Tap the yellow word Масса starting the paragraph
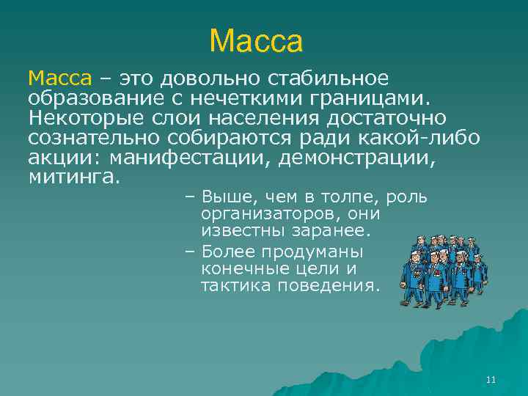pos(60,78)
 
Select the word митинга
pos(73,177)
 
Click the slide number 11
pos(491,379)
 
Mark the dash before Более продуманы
pos(189,251)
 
